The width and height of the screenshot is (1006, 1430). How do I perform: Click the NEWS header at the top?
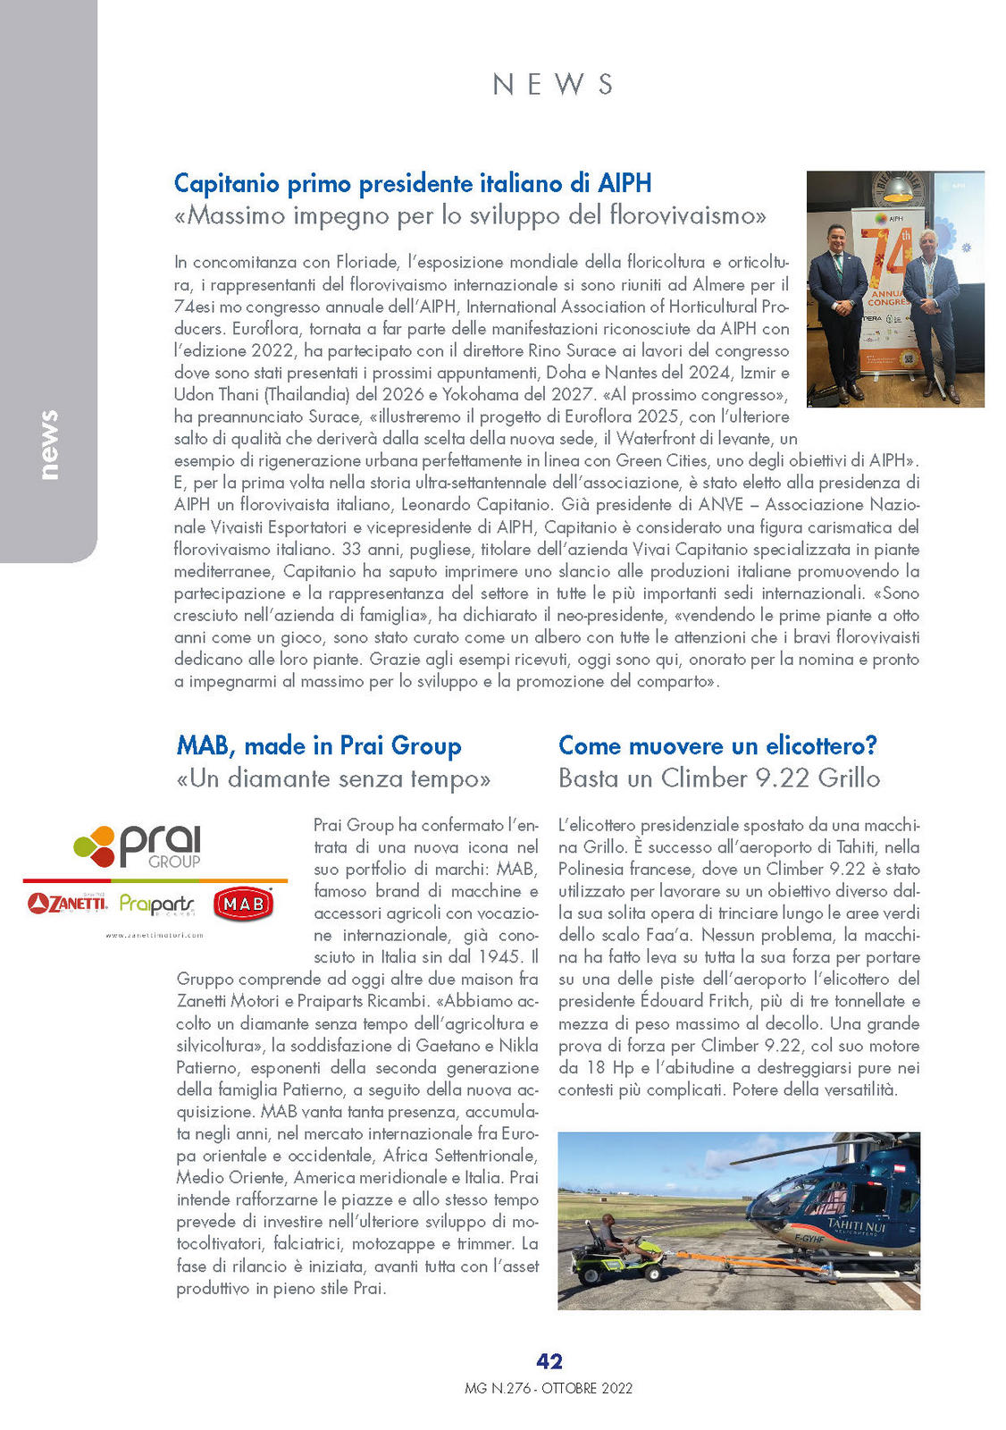(x=553, y=84)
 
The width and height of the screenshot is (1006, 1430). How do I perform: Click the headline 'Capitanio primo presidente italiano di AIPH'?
(x=413, y=183)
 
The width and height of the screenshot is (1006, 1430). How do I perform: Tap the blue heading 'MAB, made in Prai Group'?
(x=319, y=745)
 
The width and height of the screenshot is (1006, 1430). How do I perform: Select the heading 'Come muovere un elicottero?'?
(x=717, y=745)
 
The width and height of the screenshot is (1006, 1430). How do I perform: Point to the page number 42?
(x=549, y=1360)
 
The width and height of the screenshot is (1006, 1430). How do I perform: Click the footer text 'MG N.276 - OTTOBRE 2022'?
(x=549, y=1388)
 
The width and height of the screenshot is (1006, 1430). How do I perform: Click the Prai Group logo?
(x=138, y=846)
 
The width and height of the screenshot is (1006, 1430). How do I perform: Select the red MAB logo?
(x=243, y=904)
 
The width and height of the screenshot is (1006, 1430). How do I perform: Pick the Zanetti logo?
(x=67, y=904)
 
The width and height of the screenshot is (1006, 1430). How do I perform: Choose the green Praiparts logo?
(x=156, y=904)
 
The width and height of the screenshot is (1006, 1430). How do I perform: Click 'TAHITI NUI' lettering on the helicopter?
(x=857, y=1224)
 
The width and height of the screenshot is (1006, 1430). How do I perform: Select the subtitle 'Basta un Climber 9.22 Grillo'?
(x=719, y=778)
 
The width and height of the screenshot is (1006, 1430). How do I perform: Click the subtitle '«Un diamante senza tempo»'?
(x=333, y=778)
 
